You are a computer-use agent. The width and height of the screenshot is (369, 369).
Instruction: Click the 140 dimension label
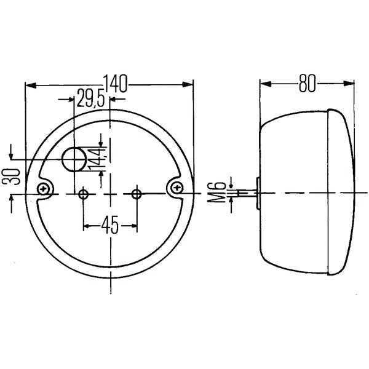pos(115,84)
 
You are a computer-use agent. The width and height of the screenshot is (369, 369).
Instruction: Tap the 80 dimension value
pos(307,83)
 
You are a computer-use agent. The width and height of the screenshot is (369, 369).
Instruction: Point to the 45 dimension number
pos(110,225)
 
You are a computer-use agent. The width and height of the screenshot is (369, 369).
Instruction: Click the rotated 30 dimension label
pos(10,177)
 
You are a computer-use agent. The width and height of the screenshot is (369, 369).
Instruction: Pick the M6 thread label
pos(216,192)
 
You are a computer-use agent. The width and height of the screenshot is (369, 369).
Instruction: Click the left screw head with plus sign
pos(43,189)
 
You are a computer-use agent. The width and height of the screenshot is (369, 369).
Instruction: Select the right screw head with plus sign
pos(177,188)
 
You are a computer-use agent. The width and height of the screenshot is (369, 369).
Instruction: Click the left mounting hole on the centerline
pos(83,194)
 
